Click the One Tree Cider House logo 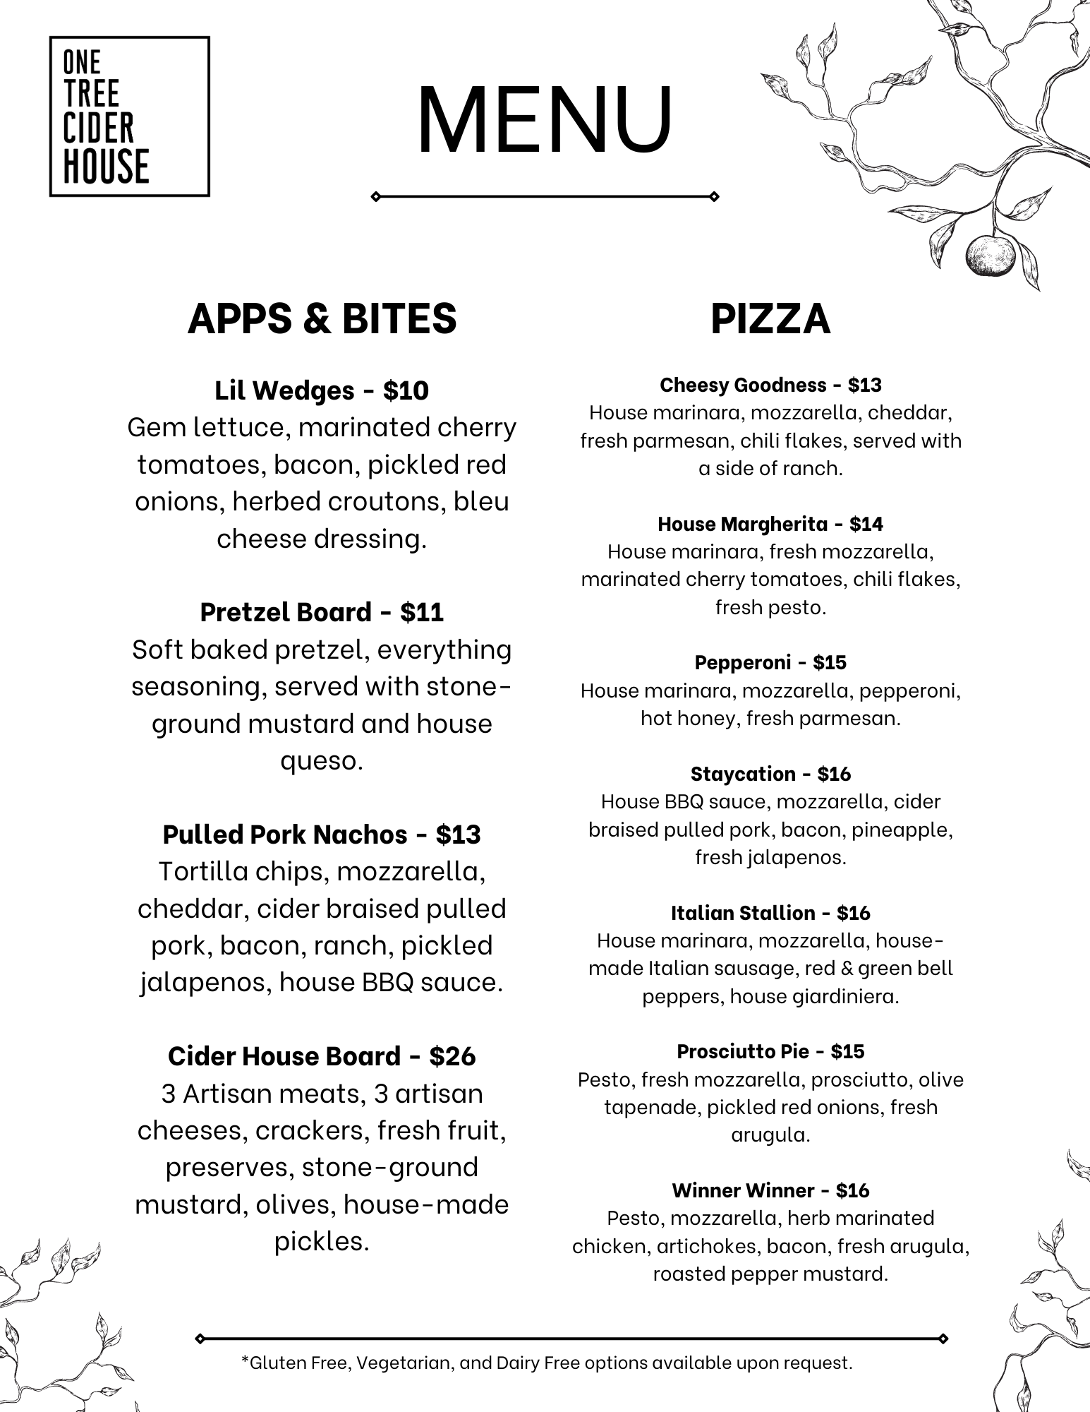(129, 116)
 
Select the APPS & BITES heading (322, 318)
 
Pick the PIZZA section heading (770, 318)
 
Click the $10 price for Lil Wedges (406, 390)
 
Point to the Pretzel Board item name (285, 612)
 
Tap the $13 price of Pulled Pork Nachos (458, 834)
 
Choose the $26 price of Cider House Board (452, 1056)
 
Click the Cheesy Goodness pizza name (743, 385)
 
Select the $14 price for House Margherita (866, 524)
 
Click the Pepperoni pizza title (742, 662)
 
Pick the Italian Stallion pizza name (742, 913)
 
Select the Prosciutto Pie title (742, 1051)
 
